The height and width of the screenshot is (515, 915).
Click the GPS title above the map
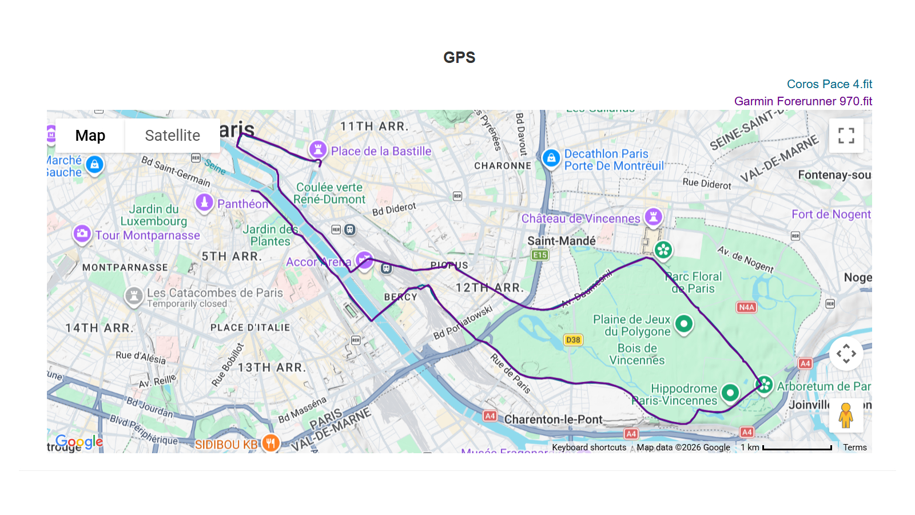point(459,57)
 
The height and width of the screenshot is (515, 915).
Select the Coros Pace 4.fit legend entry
point(829,84)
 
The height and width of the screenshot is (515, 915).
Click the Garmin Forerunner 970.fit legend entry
point(803,101)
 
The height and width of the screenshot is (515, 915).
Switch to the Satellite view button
point(172,136)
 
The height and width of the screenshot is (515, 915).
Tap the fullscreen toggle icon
point(846,136)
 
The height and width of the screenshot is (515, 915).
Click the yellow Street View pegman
point(846,415)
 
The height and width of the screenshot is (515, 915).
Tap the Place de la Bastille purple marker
point(317,150)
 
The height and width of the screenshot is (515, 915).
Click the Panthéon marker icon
point(204,202)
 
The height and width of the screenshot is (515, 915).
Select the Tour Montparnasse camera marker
point(82,233)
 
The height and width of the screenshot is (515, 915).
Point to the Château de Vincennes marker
point(653,216)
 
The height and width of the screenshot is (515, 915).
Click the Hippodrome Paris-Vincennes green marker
point(730,393)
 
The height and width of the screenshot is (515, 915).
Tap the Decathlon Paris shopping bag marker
point(551,158)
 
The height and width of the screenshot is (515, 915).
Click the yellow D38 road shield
point(572,340)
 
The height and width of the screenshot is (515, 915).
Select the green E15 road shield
point(539,255)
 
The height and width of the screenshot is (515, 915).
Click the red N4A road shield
point(746,307)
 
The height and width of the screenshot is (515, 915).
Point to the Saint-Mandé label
point(561,241)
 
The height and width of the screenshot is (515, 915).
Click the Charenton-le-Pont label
point(553,419)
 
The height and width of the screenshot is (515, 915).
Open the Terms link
point(854,447)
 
